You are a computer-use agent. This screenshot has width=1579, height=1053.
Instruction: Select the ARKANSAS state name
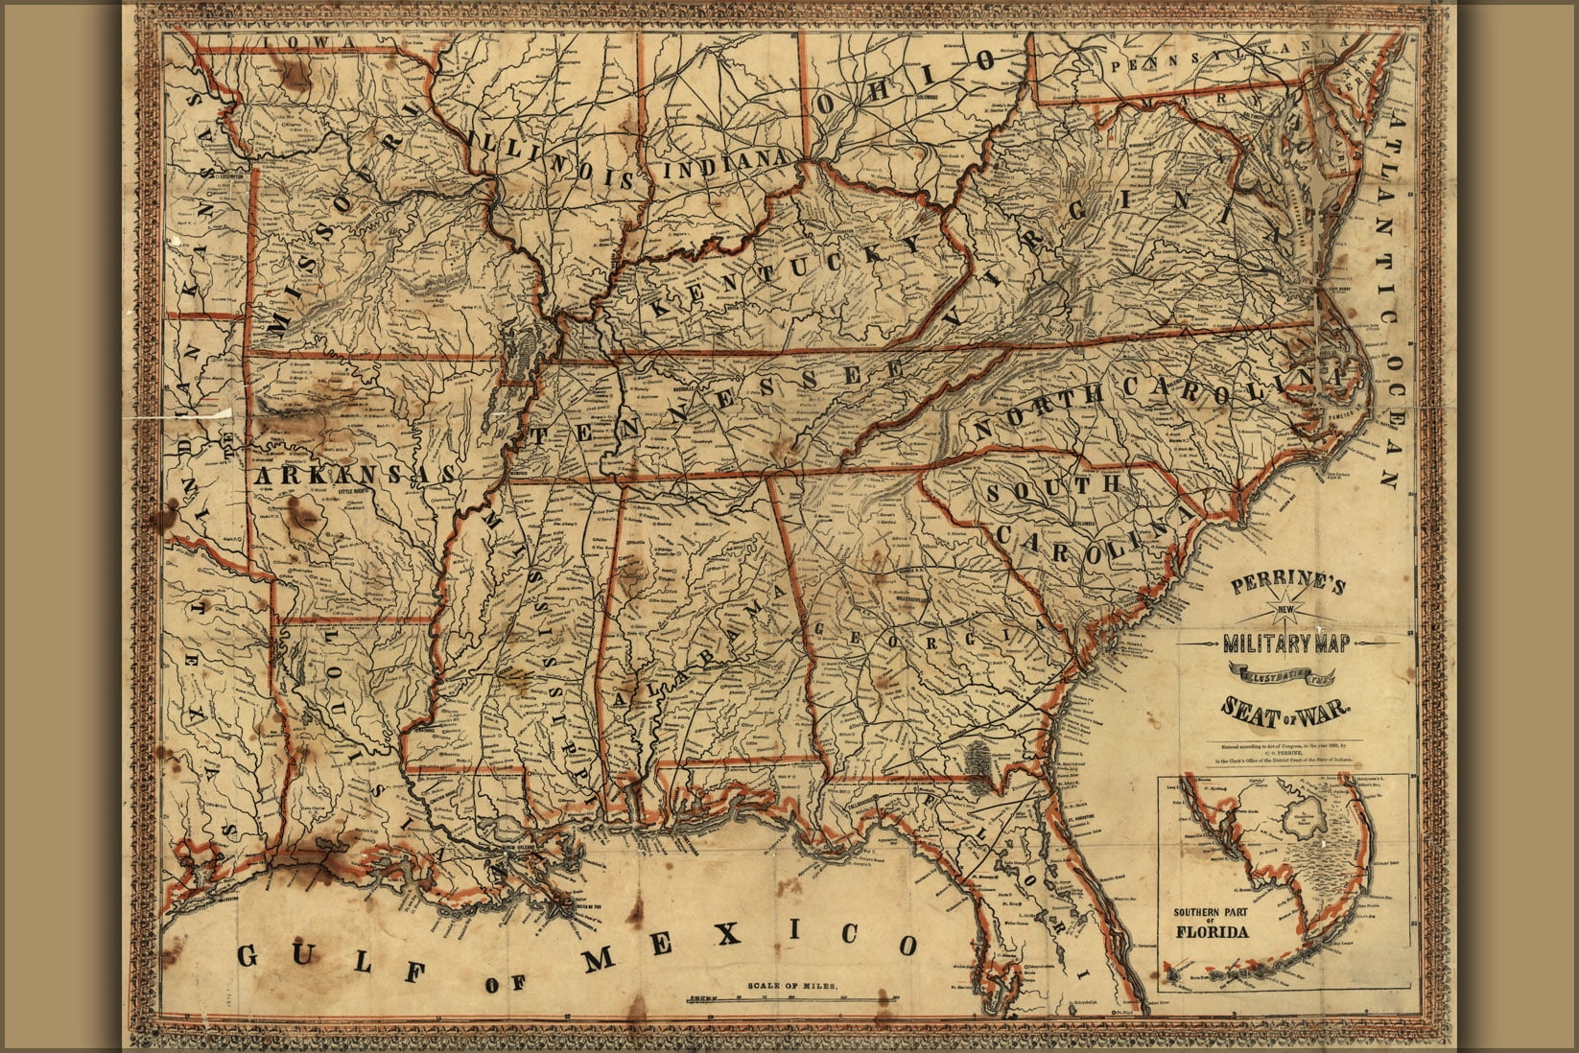[x=354, y=476]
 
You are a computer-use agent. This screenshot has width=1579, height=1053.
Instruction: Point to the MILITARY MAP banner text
[x=1286, y=645]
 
